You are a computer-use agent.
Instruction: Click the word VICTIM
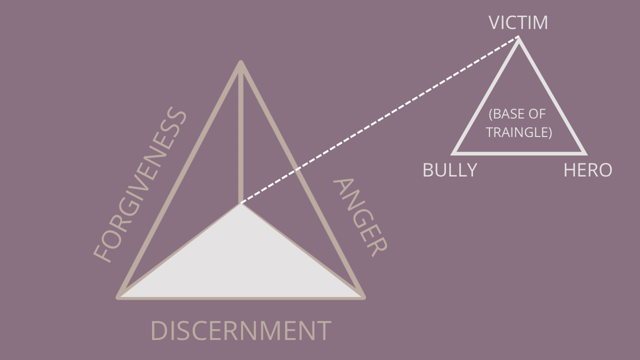coord(518,23)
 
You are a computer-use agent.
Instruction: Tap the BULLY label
coord(449,170)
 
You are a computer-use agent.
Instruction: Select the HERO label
coord(587,170)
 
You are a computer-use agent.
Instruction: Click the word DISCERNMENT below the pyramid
coord(240,331)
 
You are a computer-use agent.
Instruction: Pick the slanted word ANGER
coord(359,217)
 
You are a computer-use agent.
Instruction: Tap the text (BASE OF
coord(517,114)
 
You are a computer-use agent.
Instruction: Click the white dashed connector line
coord(380,120)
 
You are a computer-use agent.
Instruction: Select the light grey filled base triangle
coord(241,265)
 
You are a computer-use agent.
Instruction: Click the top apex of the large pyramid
coord(241,63)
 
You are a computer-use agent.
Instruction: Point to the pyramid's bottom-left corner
coord(119,297)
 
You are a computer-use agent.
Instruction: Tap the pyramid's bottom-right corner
coord(363,297)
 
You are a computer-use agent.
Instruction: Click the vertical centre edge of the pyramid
coord(241,135)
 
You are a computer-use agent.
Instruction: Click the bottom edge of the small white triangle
coord(519,152)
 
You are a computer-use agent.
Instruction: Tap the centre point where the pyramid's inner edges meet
coord(241,203)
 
